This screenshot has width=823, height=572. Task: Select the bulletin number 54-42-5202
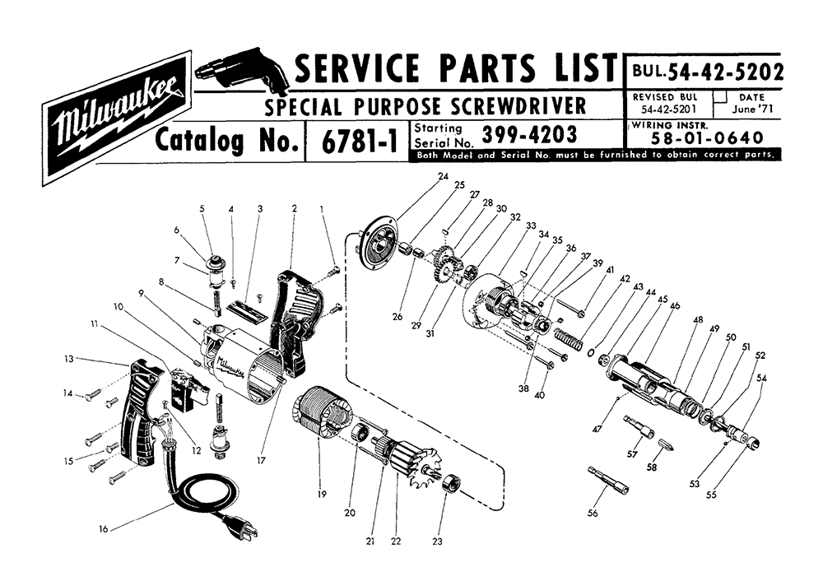[724, 72]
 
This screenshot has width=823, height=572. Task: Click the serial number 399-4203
[529, 134]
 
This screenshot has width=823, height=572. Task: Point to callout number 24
[443, 177]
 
